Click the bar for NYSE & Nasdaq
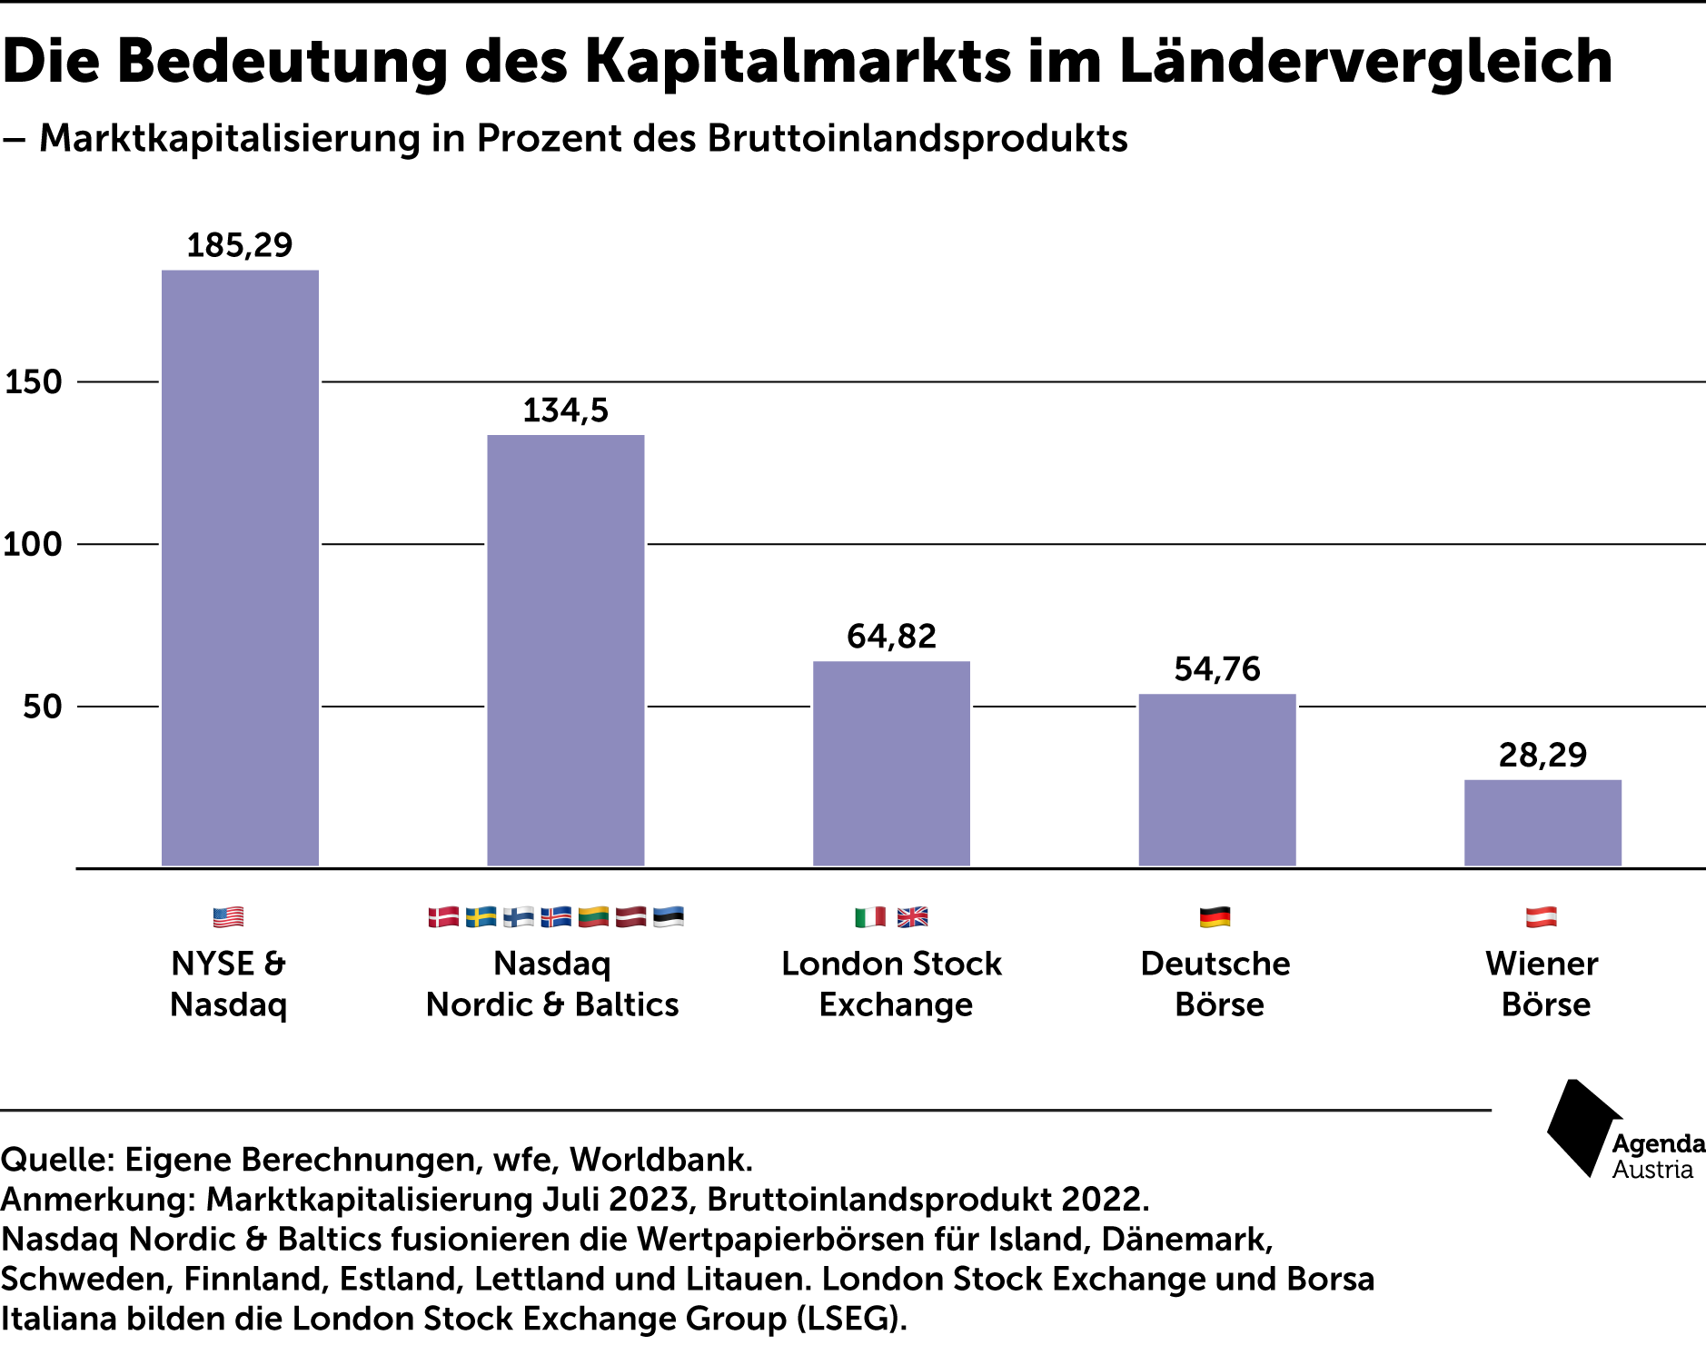tap(240, 569)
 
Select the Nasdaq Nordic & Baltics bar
tap(566, 651)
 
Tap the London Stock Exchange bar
tap(891, 764)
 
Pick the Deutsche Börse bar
tap(1217, 780)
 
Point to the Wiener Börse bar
tap(1542, 823)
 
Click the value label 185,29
tap(240, 245)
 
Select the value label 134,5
tap(566, 410)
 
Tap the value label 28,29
tap(1542, 755)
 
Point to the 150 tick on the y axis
tap(34, 381)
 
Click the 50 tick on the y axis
tap(43, 707)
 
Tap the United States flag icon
tap(229, 917)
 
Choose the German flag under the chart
tap(1215, 917)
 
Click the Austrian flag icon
tap(1542, 917)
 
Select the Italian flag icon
tap(870, 917)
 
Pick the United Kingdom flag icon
tap(913, 917)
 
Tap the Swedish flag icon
tap(481, 917)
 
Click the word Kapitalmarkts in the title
tap(798, 62)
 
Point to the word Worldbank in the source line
tap(661, 1160)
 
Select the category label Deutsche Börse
tap(1216, 984)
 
